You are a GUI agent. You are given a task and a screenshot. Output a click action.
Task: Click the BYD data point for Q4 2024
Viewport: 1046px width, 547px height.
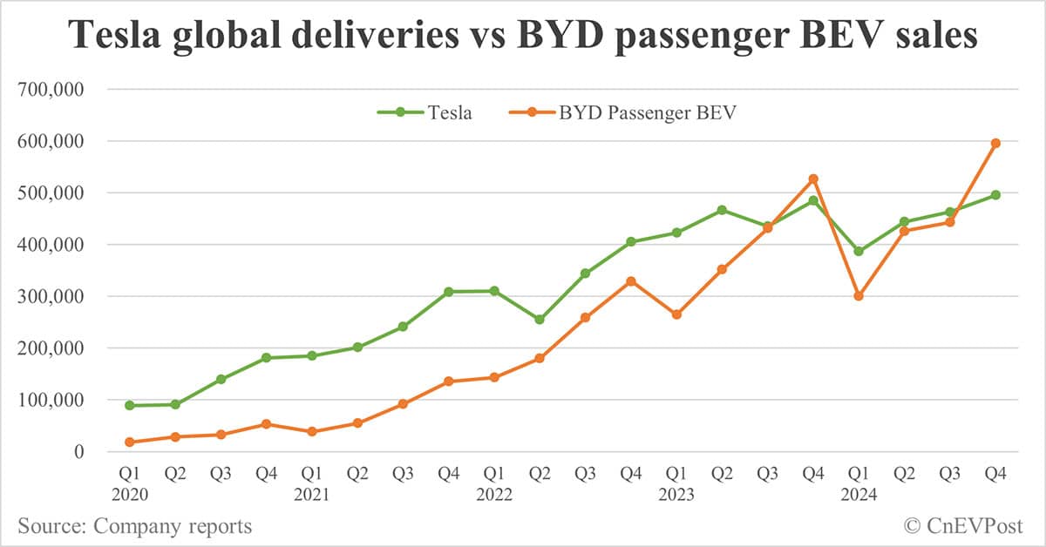pos(995,143)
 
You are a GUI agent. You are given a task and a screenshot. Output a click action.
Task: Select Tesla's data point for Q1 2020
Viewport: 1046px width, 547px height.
pos(130,405)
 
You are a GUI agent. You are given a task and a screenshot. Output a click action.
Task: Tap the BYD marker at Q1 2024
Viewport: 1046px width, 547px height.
pos(859,296)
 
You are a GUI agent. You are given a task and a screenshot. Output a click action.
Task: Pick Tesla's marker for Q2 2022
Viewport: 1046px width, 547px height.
pos(540,320)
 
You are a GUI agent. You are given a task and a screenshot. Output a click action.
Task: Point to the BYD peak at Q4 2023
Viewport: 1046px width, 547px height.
pos(813,179)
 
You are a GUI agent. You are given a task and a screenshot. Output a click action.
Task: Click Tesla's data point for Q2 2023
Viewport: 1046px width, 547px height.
pos(722,210)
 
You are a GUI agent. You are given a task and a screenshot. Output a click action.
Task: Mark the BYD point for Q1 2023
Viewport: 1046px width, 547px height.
pos(676,314)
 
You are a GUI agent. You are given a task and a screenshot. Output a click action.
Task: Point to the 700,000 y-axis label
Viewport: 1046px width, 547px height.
pos(58,89)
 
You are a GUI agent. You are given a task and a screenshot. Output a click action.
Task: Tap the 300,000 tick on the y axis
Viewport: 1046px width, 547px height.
pos(58,296)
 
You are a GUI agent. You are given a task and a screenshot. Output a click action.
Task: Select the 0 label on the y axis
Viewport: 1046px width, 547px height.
pos(78,452)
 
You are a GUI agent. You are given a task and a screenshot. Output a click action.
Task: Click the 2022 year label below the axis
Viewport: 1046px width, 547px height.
pos(494,495)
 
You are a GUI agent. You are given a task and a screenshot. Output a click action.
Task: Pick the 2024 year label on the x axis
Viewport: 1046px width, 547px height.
pos(859,495)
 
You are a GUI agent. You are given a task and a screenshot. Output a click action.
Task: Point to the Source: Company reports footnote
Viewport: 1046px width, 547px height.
pos(134,525)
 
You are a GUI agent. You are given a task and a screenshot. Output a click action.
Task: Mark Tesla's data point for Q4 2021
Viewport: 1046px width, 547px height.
pos(448,292)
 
